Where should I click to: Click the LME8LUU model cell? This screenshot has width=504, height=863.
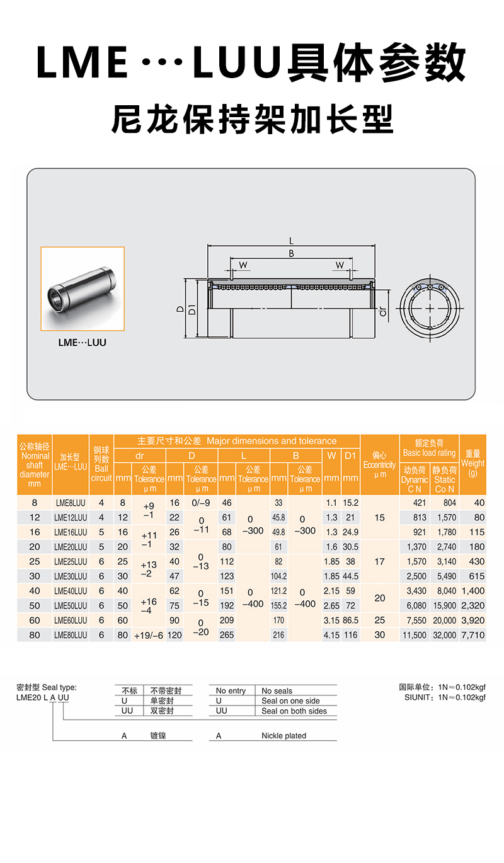[x=71, y=503]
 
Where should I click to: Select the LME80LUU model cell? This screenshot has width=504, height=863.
[x=71, y=635]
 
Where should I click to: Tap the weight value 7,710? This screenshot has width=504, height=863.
[x=472, y=635]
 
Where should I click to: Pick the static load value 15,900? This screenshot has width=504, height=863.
[x=444, y=605]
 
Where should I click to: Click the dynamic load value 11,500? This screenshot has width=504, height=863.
[x=414, y=635]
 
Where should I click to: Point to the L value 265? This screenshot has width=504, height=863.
[x=226, y=635]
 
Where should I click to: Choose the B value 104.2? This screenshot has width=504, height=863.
[x=278, y=576]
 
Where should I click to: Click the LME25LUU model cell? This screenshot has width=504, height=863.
[x=71, y=561]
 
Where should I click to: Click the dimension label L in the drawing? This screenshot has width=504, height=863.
[x=291, y=240]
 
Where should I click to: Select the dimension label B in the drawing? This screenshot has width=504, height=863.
[x=291, y=253]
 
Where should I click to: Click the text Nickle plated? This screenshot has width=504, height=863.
[x=283, y=735]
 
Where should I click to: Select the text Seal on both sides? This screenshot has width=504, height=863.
[x=294, y=711]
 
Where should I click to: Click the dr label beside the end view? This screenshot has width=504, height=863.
[x=382, y=310]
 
